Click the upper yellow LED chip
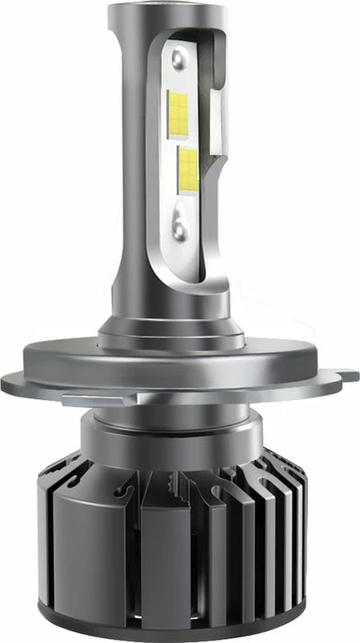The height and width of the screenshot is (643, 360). [x=180, y=111]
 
